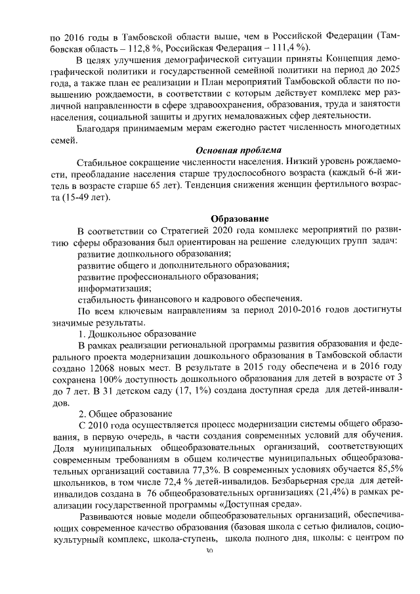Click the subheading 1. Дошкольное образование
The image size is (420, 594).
click(x=138, y=333)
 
